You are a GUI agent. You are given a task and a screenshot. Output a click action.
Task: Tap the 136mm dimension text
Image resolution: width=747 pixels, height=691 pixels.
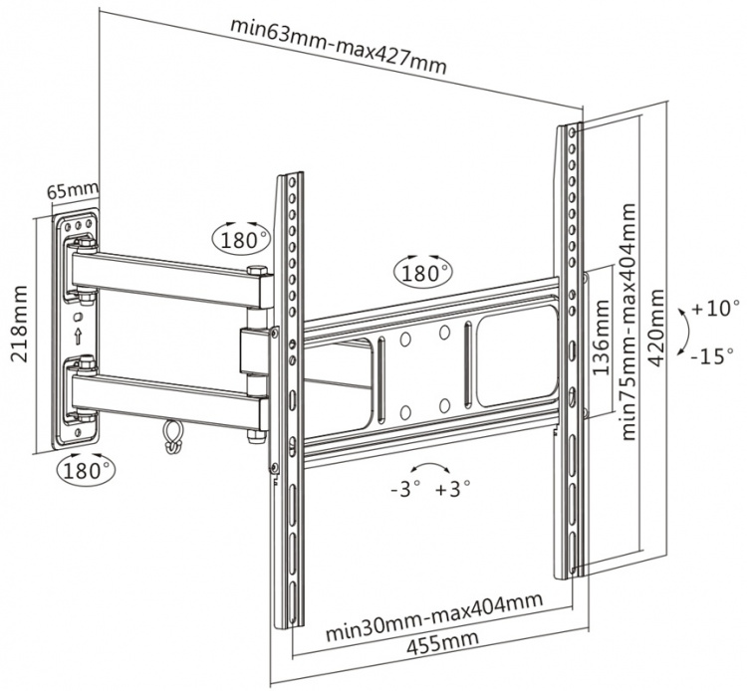coord(602,338)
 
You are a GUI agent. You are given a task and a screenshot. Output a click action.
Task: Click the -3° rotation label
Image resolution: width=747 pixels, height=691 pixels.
coord(404,487)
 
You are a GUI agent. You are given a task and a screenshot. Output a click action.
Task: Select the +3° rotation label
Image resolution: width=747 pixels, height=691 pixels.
coord(452,487)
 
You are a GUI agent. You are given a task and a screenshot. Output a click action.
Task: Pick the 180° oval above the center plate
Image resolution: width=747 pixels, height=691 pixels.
coord(423,270)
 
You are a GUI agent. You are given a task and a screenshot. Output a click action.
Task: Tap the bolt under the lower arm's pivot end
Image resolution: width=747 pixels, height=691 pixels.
coord(255,433)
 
